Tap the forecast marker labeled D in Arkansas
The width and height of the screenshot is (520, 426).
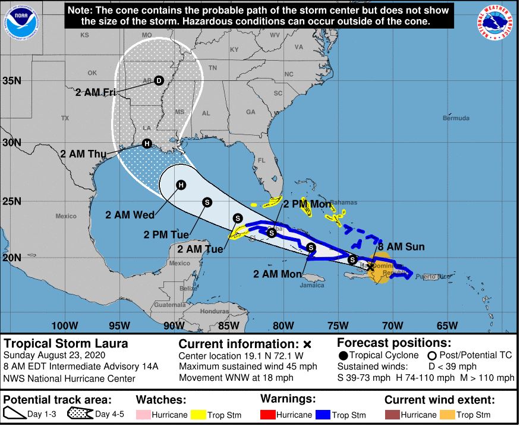(159, 80)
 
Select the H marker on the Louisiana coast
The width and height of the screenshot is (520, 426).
(146, 143)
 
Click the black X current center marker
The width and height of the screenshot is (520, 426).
(370, 267)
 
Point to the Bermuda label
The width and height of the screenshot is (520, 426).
(456, 118)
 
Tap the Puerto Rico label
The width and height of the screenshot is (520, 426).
(428, 276)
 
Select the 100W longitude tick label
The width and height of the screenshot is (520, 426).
(65, 325)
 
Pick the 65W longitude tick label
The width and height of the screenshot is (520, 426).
(447, 325)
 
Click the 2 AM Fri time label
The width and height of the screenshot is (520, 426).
(96, 92)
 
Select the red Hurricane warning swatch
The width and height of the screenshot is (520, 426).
(269, 415)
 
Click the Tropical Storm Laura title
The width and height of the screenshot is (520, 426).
(66, 344)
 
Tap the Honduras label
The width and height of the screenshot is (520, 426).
(215, 311)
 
